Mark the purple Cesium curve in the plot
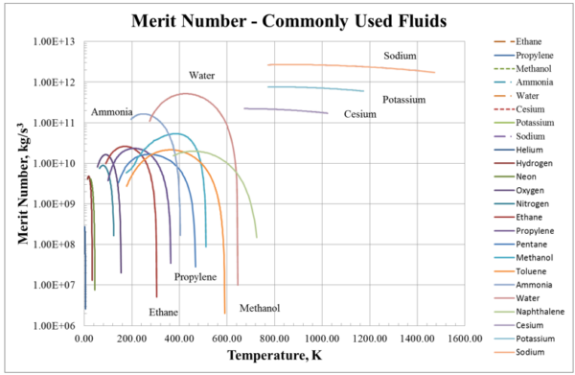287,110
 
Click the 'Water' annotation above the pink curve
201,75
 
